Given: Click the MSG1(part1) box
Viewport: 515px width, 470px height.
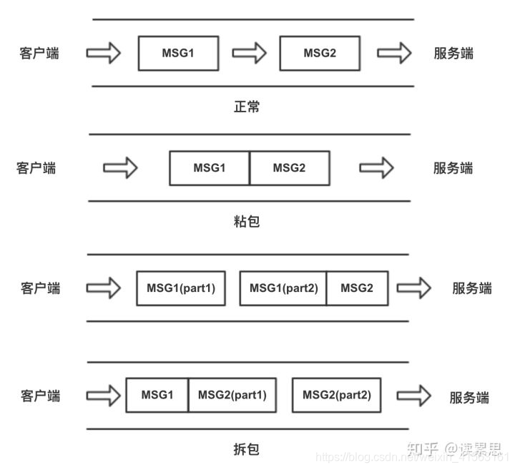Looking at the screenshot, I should (x=181, y=288).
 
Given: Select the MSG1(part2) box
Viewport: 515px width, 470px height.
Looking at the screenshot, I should (x=283, y=288).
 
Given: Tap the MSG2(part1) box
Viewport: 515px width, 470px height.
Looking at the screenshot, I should (x=232, y=395).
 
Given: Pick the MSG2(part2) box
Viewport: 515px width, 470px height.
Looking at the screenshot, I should (x=336, y=395).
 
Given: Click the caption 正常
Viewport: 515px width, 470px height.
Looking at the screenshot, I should (x=247, y=107).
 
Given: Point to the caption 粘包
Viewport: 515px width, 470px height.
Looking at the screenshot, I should (x=247, y=221).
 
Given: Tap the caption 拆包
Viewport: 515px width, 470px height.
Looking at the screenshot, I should (x=247, y=449).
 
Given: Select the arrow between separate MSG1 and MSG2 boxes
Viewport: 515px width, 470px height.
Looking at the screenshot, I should (x=249, y=53).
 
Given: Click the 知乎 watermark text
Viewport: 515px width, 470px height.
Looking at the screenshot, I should (x=422, y=449).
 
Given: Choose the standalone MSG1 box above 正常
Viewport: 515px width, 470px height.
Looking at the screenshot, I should (x=178, y=53).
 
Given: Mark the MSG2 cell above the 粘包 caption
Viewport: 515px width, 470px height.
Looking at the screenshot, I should (x=289, y=168).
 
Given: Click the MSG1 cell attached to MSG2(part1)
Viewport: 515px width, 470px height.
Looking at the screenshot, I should (x=157, y=395).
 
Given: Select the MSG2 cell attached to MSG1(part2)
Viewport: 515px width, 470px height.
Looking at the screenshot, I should (x=357, y=288).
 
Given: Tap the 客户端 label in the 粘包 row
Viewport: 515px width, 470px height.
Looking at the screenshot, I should (x=36, y=168).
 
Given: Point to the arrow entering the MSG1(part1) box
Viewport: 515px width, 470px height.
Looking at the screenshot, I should (x=103, y=288).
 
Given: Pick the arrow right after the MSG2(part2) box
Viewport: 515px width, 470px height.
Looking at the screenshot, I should (x=414, y=396).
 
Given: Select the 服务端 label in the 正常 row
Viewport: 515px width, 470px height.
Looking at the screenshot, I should (x=453, y=53).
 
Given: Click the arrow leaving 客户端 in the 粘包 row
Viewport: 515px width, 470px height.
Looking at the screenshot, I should (x=120, y=168).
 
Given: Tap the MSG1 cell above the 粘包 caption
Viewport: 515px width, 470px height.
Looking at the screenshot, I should (x=210, y=168).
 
